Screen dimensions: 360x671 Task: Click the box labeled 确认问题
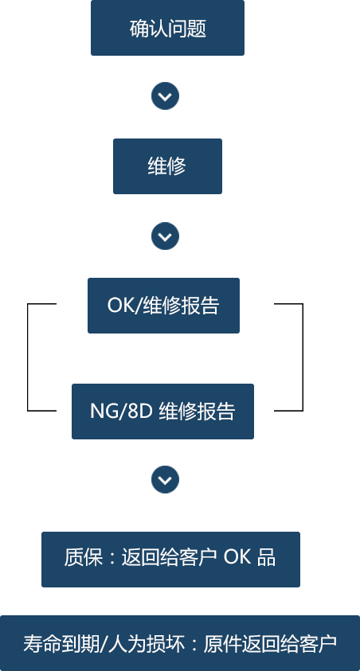pyautogui.click(x=167, y=28)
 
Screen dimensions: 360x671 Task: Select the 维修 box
pyautogui.click(x=167, y=166)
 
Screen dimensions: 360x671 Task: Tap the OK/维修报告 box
pyautogui.click(x=163, y=306)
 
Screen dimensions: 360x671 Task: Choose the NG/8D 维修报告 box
pyautogui.click(x=162, y=412)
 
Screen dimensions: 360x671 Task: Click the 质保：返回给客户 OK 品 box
pyautogui.click(x=170, y=560)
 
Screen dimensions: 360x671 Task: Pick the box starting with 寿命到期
pyautogui.click(x=180, y=643)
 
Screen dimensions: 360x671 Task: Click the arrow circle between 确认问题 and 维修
pyautogui.click(x=165, y=96)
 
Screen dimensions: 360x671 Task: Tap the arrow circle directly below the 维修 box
pyautogui.click(x=165, y=236)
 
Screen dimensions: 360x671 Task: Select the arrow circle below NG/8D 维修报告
pyautogui.click(x=165, y=479)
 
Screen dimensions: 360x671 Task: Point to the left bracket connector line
pyautogui.click(x=27, y=357)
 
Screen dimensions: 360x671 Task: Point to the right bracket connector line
pyautogui.click(x=303, y=357)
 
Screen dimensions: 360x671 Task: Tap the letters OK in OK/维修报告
pyautogui.click(x=120, y=306)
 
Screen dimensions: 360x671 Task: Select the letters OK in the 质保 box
pyautogui.click(x=237, y=558)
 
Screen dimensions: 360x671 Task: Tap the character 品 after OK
pyautogui.click(x=266, y=558)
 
